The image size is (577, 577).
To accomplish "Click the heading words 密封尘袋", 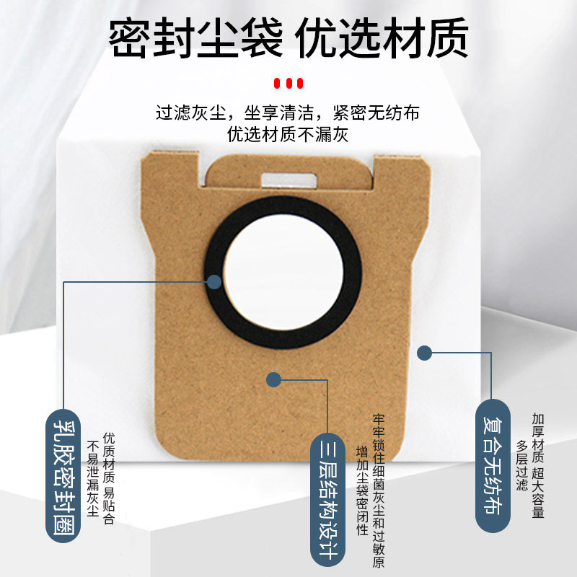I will pos(195,38).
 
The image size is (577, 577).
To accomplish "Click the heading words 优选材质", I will pos(383,38).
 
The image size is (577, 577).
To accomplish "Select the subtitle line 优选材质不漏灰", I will pos(288,134).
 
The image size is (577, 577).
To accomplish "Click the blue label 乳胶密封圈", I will pos(63,473).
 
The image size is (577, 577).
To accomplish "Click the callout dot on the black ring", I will pos(213,281).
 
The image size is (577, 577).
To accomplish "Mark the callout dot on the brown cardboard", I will pos(273,379).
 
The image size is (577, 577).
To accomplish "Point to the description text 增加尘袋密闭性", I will pos(362,490).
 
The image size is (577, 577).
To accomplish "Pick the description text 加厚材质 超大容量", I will pos(537,465).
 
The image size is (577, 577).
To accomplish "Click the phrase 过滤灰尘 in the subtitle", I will pos(193,114).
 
